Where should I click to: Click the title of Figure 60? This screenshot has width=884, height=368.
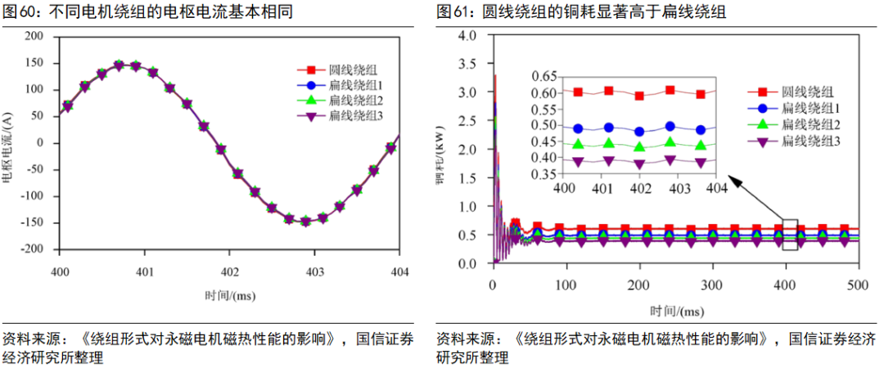147,12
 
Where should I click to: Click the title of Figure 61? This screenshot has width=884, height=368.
580,12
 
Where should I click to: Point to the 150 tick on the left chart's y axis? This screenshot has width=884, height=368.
34,63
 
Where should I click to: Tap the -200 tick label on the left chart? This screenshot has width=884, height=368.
31,249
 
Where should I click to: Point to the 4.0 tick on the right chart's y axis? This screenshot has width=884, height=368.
467,36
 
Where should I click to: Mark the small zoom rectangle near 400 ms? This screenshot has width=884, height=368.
790,235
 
